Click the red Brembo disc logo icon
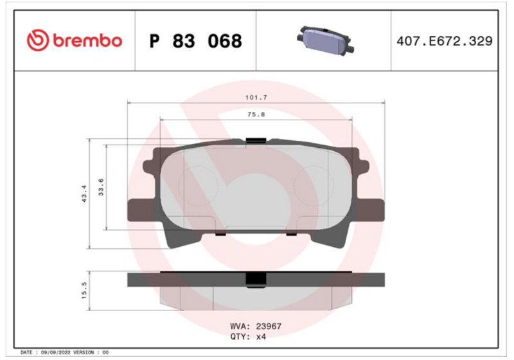click(38, 40)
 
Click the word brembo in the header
click(87, 40)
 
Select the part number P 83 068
click(196, 41)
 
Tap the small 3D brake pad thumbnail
click(325, 40)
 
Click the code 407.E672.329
click(444, 41)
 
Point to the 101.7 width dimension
click(256, 97)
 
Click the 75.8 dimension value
click(256, 114)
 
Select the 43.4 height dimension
click(84, 194)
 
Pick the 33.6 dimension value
click(101, 187)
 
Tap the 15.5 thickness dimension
click(84, 291)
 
